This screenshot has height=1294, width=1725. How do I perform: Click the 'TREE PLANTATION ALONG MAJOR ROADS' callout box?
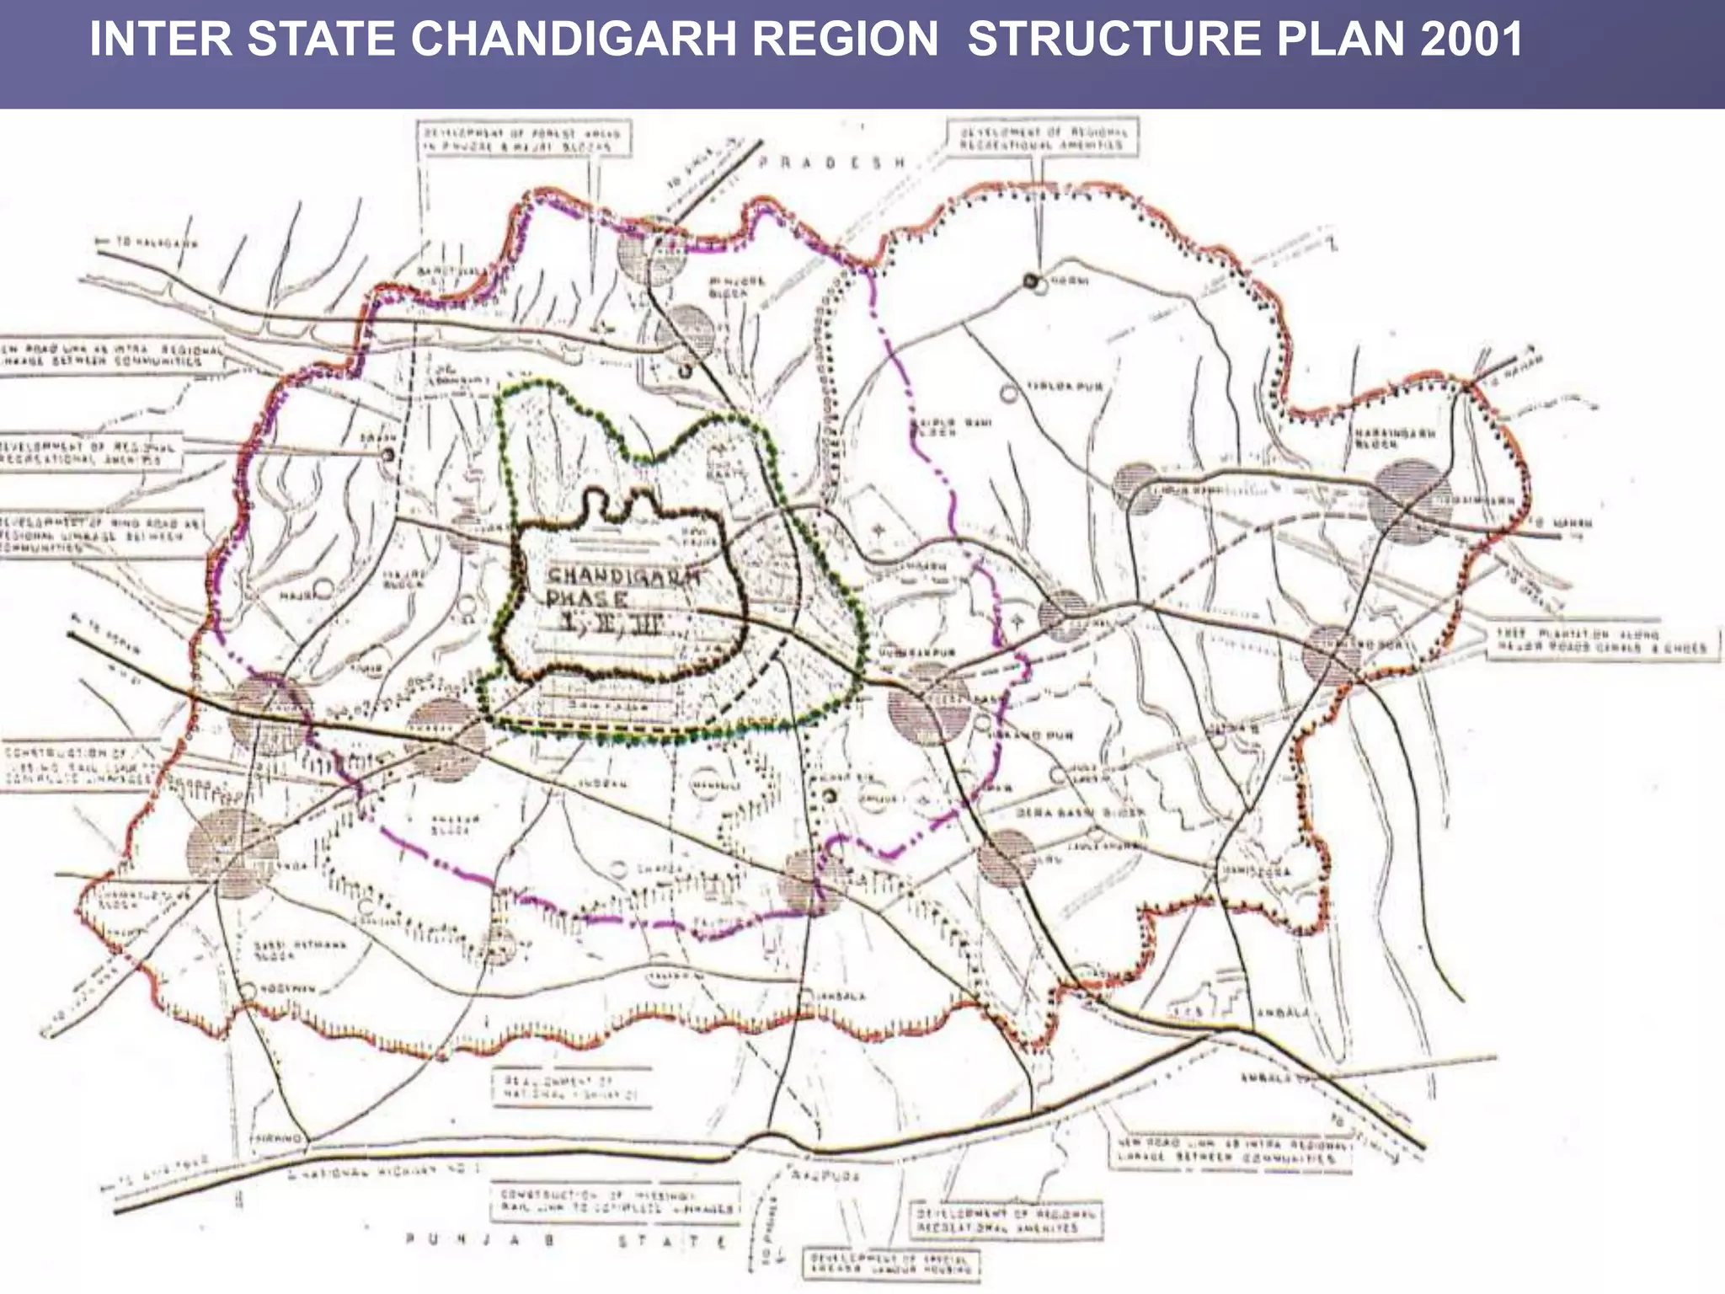click(1600, 641)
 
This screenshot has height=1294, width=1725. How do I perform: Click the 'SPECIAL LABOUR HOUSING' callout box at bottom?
click(891, 1264)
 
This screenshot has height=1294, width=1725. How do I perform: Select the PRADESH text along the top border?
click(831, 163)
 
